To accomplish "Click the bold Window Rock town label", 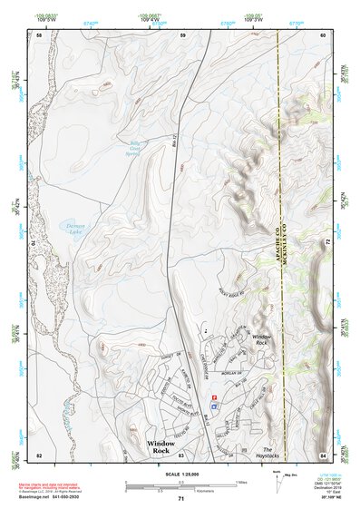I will [165, 445].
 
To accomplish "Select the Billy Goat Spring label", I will [135, 147].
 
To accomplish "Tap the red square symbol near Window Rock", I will [214, 397].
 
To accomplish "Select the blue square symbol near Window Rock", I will [214, 406].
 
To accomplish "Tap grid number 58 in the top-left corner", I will [39, 34].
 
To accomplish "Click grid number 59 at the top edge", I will [182, 34].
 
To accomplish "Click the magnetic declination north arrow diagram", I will [287, 485].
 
